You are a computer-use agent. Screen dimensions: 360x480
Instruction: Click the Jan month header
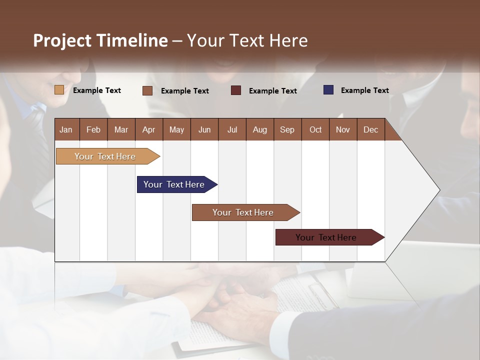(66, 129)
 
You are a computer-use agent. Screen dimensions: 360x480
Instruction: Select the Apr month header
(149, 129)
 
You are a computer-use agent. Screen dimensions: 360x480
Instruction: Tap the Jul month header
(232, 129)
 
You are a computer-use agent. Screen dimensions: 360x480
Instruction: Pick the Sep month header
(287, 129)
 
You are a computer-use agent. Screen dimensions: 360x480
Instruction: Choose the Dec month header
(370, 129)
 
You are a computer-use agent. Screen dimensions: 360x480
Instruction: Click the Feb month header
(93, 129)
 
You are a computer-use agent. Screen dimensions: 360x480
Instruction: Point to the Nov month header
(343, 129)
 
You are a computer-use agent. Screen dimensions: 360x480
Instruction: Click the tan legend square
(59, 90)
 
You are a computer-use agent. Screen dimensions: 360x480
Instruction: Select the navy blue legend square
(328, 90)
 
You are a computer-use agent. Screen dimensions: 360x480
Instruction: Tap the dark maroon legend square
(236, 90)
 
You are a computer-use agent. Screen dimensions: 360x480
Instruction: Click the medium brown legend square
(147, 90)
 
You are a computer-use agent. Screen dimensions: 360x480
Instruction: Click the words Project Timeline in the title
(100, 40)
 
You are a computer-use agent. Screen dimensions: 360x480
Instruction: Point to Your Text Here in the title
(247, 40)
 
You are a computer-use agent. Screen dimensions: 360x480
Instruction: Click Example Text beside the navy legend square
(364, 90)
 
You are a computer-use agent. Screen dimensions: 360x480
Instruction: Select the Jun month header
(204, 129)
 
